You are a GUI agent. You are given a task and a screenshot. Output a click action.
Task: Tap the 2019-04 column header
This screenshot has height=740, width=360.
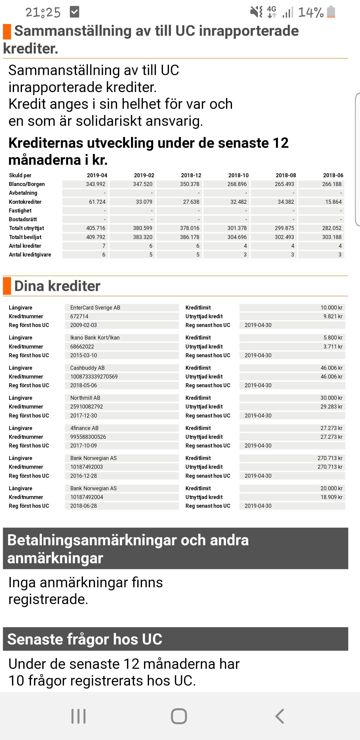[97, 175]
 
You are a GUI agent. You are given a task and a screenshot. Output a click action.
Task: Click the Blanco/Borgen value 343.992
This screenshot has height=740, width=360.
[95, 184]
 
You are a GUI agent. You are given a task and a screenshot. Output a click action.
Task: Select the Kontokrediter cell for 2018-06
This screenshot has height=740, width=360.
[333, 202]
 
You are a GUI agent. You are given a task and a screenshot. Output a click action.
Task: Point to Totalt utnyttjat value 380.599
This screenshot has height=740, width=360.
[142, 228]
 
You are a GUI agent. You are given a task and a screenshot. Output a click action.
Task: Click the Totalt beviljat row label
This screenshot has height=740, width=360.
[25, 237]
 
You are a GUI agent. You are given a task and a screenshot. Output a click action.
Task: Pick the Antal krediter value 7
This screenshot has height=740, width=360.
[104, 246]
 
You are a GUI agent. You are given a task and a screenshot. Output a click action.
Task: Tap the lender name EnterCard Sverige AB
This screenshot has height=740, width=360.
[95, 308]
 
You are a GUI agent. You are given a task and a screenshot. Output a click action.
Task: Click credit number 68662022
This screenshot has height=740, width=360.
[82, 347]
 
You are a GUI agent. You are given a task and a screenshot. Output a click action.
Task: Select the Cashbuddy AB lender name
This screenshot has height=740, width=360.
[87, 368]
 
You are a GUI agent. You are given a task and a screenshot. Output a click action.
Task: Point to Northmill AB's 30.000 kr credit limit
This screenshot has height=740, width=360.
[331, 398]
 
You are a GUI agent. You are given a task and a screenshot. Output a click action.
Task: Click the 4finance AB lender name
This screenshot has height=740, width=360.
[84, 428]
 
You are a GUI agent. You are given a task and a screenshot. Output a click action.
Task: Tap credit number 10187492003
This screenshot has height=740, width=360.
[86, 467]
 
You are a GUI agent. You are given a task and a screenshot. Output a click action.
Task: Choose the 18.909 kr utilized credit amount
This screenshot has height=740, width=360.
[331, 497]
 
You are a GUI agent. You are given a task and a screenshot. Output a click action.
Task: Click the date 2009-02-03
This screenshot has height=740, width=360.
[83, 325]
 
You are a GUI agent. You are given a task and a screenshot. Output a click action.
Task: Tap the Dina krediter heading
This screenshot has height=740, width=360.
[57, 286]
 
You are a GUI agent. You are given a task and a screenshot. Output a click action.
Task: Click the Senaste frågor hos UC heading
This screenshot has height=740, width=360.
[85, 639]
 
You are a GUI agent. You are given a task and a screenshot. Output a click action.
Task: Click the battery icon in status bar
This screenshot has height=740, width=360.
[331, 12]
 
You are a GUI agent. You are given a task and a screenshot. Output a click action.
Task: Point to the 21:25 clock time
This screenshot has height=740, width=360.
[43, 12]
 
